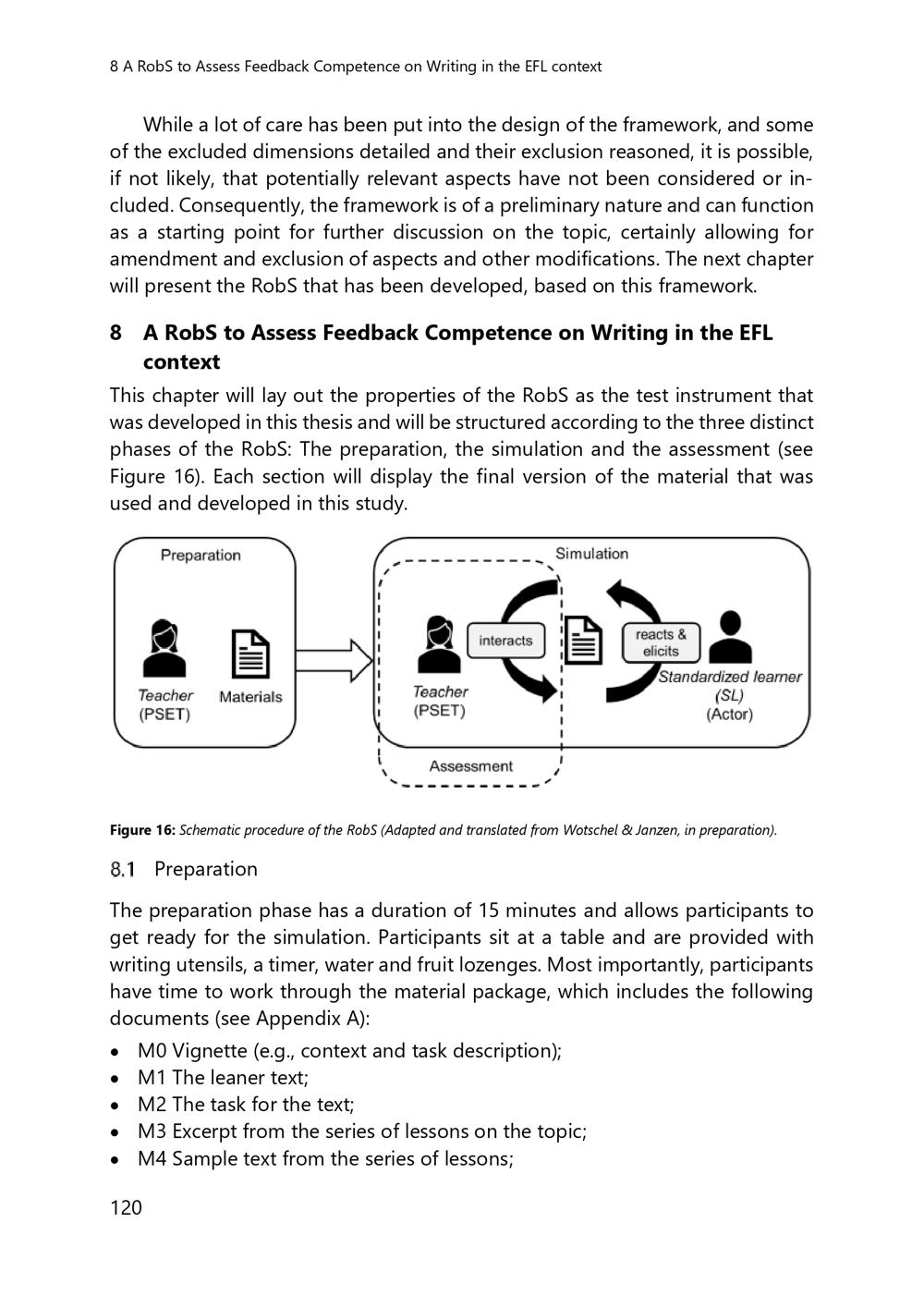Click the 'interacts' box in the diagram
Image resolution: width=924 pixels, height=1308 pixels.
pyautogui.click(x=505, y=641)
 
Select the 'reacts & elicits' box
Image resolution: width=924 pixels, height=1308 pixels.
pyautogui.click(x=661, y=642)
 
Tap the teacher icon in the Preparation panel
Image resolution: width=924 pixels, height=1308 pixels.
pyautogui.click(x=165, y=649)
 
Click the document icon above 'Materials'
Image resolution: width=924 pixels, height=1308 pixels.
pyautogui.click(x=249, y=654)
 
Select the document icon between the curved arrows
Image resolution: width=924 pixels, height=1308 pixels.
pyautogui.click(x=584, y=640)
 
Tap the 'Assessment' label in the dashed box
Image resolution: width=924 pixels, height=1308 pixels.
pyautogui.click(x=470, y=766)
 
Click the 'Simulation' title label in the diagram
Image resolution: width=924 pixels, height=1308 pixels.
pyautogui.click(x=591, y=554)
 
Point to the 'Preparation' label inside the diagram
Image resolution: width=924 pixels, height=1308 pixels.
pyautogui.click(x=201, y=555)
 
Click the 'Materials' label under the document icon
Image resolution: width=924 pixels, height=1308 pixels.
pyautogui.click(x=250, y=697)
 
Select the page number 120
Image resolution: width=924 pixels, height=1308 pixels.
pyautogui.click(x=127, y=1207)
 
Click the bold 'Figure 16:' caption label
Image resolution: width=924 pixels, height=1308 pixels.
pyautogui.click(x=142, y=830)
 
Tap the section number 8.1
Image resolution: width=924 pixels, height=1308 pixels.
pyautogui.click(x=123, y=869)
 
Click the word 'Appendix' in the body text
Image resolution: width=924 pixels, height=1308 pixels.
pyautogui.click(x=302, y=1019)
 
